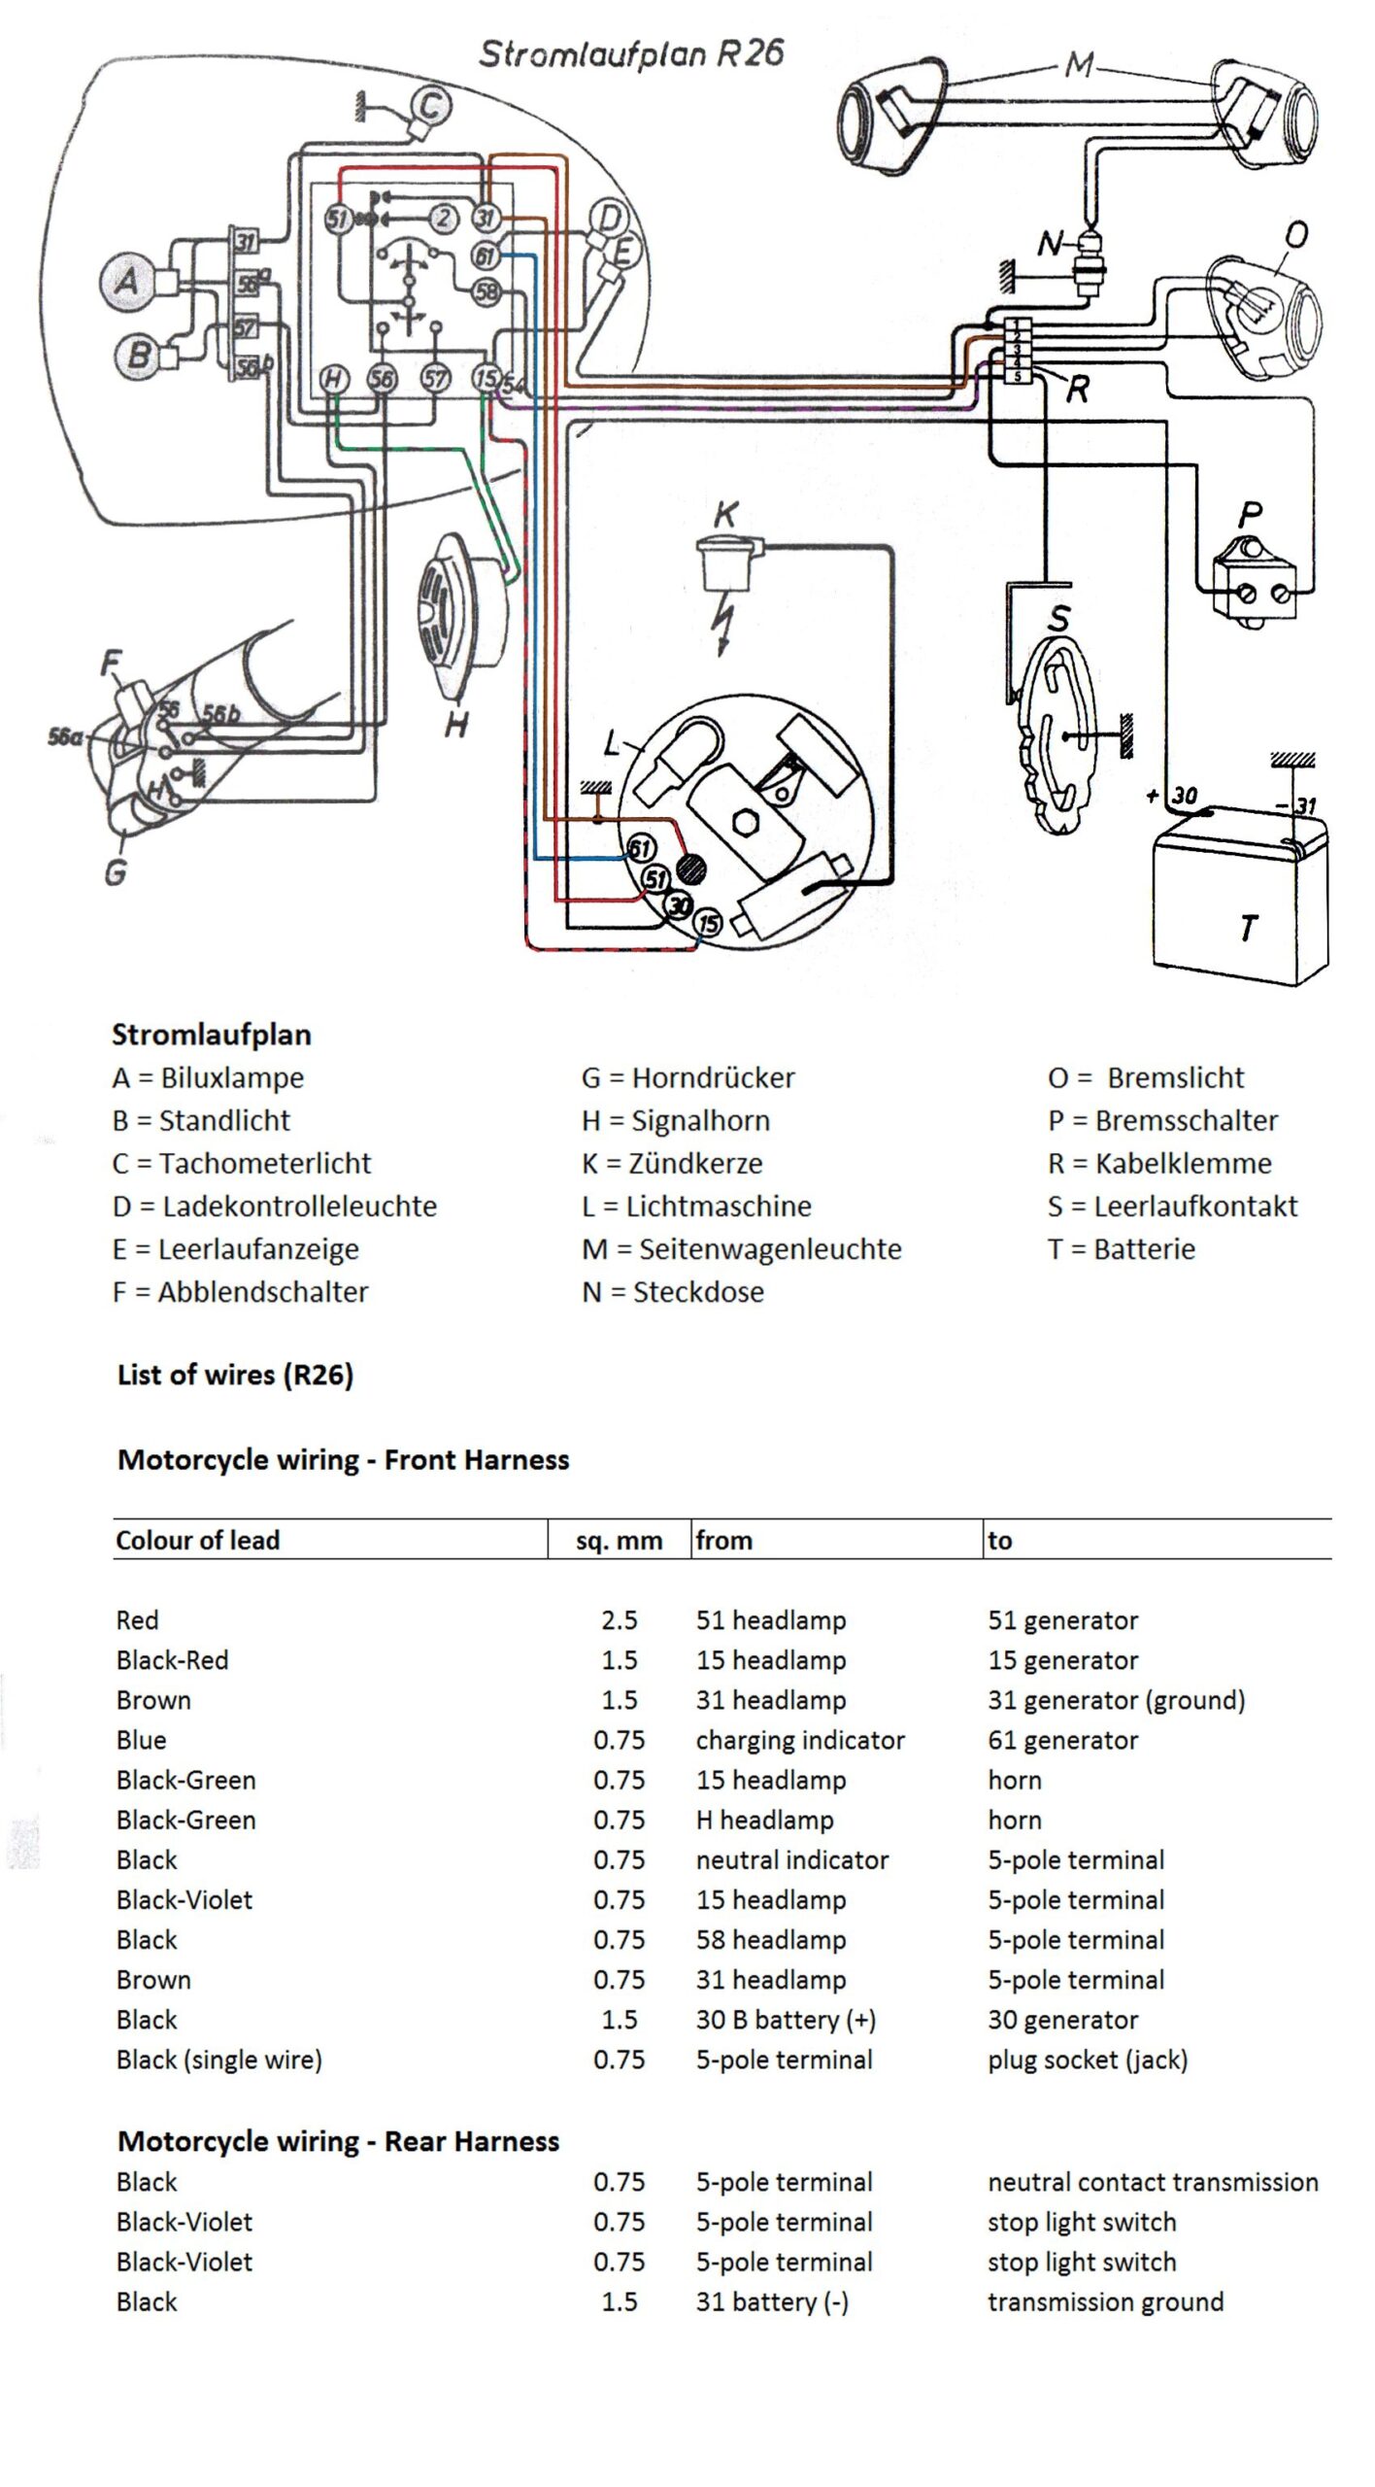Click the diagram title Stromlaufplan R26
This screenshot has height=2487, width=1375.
pyautogui.click(x=630, y=53)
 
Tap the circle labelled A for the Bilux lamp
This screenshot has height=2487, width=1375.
pyautogui.click(x=127, y=282)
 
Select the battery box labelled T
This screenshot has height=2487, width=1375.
pyautogui.click(x=1238, y=894)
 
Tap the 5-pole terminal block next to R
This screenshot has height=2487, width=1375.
pyautogui.click(x=1016, y=350)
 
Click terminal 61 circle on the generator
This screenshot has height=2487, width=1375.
pyautogui.click(x=640, y=849)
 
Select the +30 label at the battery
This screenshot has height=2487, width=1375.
pyautogui.click(x=1178, y=796)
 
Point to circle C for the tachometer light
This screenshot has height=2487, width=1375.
pyautogui.click(x=430, y=105)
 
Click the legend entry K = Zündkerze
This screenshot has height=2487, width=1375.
pyautogui.click(x=672, y=1163)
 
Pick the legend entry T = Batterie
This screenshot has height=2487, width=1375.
pyautogui.click(x=1121, y=1248)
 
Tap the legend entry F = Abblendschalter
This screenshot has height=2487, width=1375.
pyautogui.click(x=240, y=1292)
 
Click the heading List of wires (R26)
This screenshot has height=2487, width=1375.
pyautogui.click(x=235, y=1375)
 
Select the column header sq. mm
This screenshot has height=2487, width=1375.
pyautogui.click(x=619, y=1541)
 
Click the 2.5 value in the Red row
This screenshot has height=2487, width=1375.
pyautogui.click(x=619, y=1620)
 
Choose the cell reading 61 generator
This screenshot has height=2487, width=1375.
pyautogui.click(x=1062, y=1740)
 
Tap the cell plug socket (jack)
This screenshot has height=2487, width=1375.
pyautogui.click(x=1088, y=2060)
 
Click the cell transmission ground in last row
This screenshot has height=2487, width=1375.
pyautogui.click(x=1105, y=2301)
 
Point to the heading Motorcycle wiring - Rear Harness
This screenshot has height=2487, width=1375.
pyautogui.click(x=338, y=2141)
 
